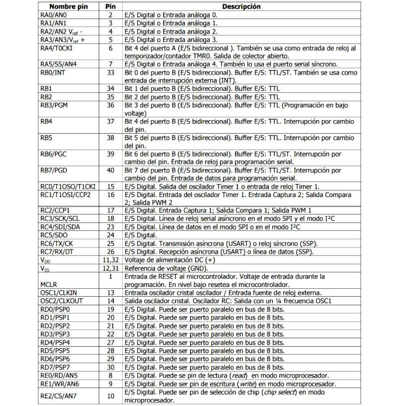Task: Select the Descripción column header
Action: [x=241, y=7]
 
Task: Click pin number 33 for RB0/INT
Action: [x=110, y=73]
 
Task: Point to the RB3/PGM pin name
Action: [x=55, y=105]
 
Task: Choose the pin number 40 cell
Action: [x=110, y=171]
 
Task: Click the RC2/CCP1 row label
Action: [x=55, y=210]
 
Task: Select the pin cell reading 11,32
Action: [x=110, y=260]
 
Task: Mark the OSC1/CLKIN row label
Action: [x=58, y=292]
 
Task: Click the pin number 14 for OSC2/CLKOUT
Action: [x=110, y=301]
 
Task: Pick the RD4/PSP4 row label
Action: [x=54, y=342]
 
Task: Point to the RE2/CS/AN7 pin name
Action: [x=59, y=396]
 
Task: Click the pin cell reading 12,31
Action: [x=110, y=268]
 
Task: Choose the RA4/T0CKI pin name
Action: [x=57, y=48]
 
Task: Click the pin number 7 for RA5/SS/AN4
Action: [x=110, y=64]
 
